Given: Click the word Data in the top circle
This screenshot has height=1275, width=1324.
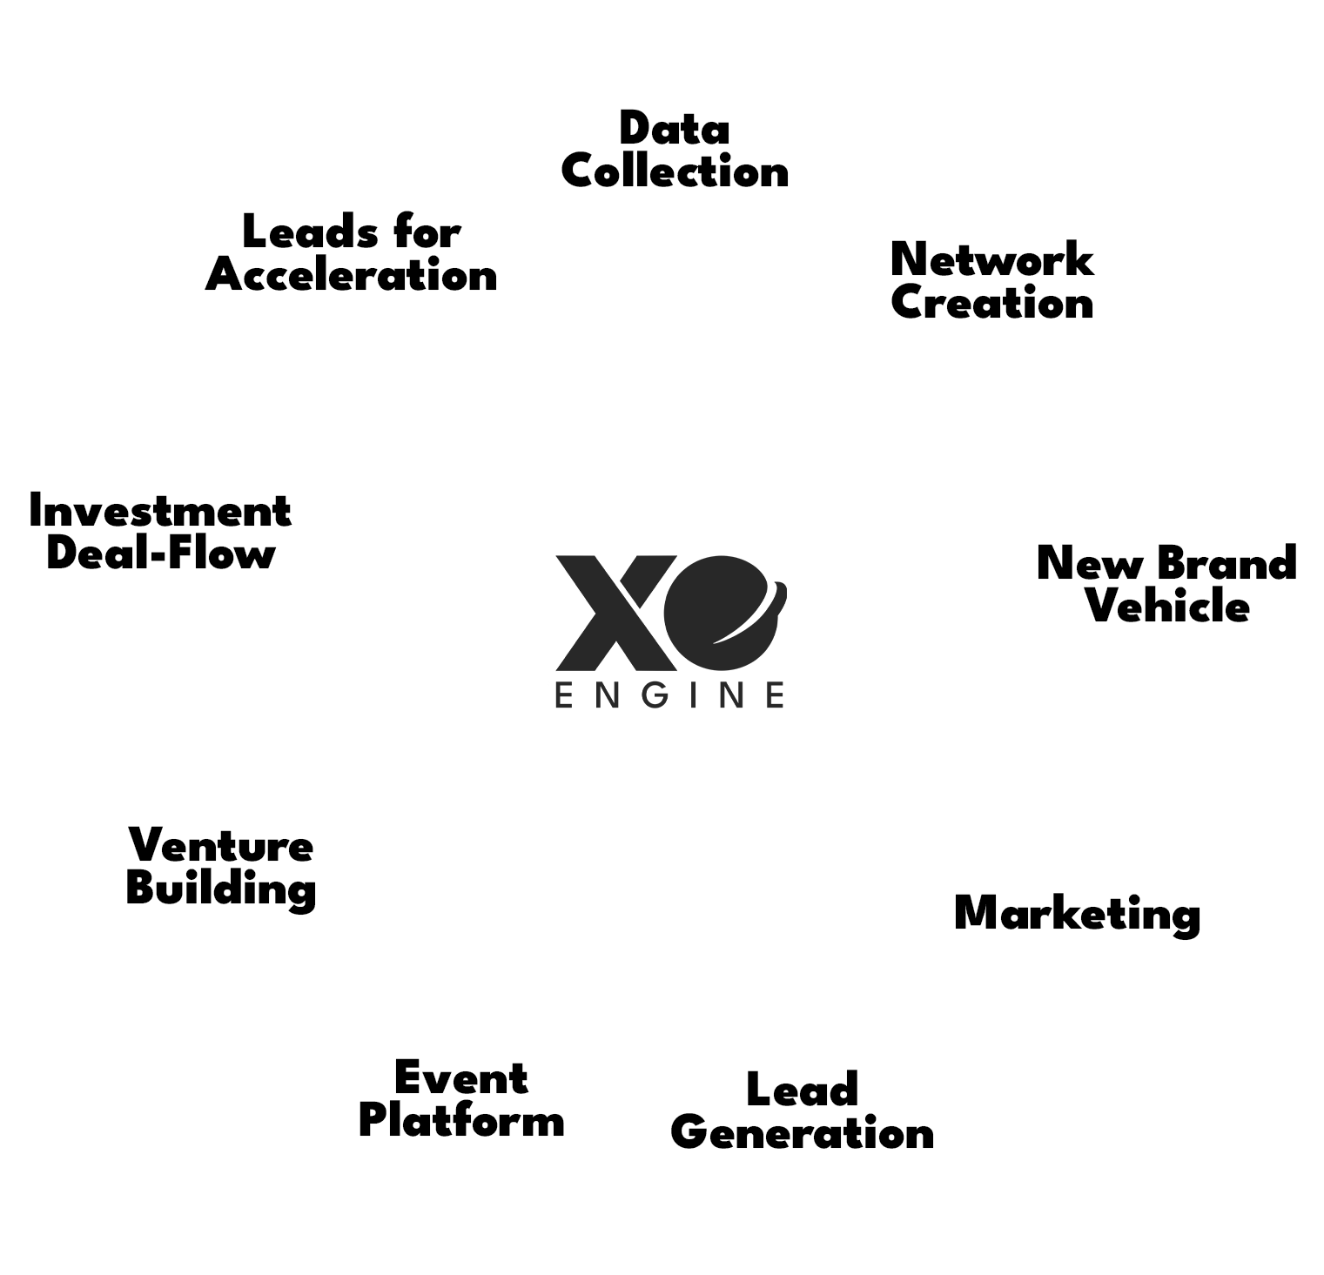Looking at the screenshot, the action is pos(675,130).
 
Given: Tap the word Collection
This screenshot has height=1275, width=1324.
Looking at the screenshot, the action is pos(675,172).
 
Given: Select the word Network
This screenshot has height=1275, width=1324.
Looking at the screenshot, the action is pos(991,259).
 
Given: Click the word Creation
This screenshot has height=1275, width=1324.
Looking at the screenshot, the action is pos(991,303).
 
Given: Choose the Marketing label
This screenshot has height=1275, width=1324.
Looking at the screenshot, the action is pos(1077,914).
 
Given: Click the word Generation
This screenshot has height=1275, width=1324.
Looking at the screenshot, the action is pos(802,1132).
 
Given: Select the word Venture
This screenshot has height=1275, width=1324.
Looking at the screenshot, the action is pos(221,845).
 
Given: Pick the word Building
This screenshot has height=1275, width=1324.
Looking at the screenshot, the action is pos(221,889).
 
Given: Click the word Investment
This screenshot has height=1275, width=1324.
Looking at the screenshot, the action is pos(160,511).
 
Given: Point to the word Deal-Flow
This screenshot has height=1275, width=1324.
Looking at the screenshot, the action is pos(160,554).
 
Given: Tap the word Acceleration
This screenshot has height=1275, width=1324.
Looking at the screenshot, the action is pos(352,276).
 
